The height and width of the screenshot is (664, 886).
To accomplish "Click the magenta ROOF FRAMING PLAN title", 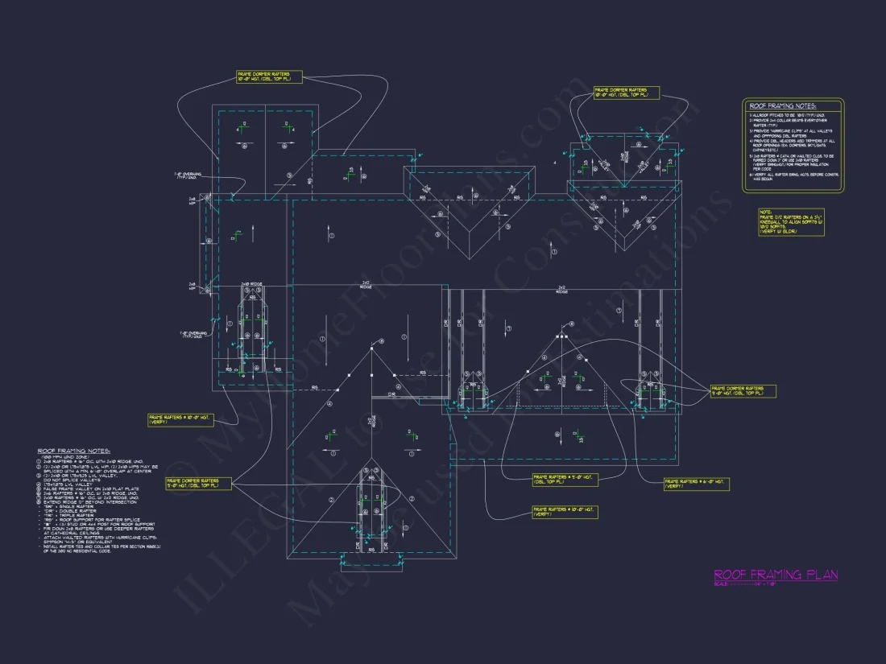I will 775,575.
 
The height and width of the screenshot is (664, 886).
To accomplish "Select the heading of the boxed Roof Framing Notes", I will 782,106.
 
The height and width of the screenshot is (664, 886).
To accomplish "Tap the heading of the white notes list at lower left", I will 74,451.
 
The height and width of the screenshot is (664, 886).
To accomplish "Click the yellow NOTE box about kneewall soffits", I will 791,222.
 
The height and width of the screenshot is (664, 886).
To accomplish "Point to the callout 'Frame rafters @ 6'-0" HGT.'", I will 697,484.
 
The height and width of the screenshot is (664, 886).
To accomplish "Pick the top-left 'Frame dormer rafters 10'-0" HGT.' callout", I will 269,76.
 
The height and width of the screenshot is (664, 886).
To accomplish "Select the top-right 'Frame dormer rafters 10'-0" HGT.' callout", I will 626,92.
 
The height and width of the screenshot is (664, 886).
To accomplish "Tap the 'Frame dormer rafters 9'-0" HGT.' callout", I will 743,390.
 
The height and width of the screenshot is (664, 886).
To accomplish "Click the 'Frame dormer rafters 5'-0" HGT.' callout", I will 198,483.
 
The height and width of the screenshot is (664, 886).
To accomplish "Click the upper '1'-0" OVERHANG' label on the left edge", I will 190,175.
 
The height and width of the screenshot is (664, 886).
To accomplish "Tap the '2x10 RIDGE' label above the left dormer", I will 253,283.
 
